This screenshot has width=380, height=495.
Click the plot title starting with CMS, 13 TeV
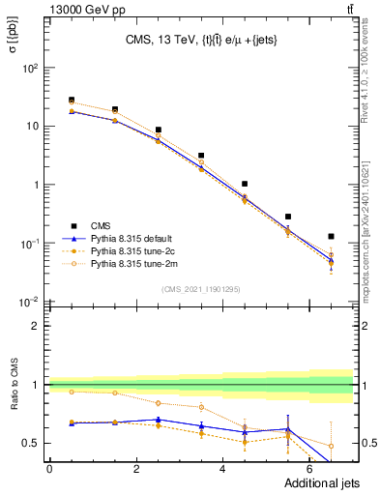(201, 41)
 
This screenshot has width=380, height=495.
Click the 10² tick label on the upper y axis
(31, 69)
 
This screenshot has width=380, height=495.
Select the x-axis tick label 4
(223, 469)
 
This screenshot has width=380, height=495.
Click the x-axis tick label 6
(310, 469)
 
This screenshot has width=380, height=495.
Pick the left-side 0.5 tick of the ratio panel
(31, 443)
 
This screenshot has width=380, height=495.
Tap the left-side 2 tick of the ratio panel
(36, 326)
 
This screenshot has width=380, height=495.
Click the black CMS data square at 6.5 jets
(332, 236)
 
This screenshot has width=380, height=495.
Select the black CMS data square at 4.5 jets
(245, 184)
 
